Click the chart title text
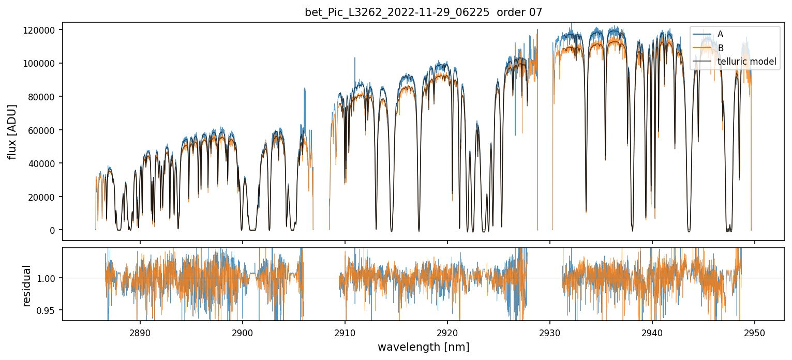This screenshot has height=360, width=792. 423,12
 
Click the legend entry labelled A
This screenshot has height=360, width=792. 721,34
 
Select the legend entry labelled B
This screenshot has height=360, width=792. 721,48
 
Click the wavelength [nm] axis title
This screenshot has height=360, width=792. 423,347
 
